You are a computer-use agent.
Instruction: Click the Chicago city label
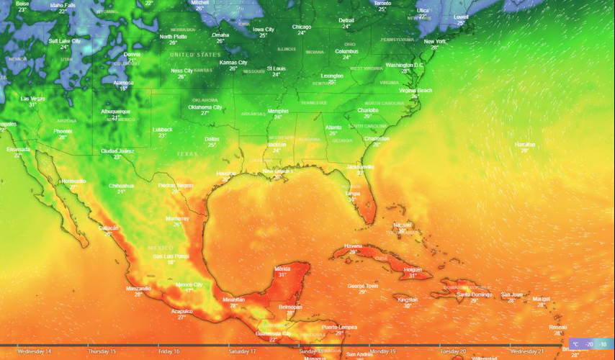pos(302,27)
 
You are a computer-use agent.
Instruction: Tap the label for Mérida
pos(282,269)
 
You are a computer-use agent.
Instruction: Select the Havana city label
pos(353,246)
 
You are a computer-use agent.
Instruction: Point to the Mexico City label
pos(189,285)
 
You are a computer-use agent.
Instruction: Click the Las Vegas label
pos(32,98)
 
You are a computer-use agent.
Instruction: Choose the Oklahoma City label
pos(205,107)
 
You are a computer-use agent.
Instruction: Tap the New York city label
pos(435,42)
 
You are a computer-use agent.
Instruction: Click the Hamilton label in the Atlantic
pos(525,145)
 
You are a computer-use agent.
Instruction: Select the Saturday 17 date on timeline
pos(242,351)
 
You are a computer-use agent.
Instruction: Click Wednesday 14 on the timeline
pos(35,351)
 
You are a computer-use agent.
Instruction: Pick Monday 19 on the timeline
pos(382,351)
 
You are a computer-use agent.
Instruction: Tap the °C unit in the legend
pos(575,345)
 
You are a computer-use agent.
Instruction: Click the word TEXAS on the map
pos(187,154)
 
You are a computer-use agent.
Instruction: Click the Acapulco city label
pos(181,311)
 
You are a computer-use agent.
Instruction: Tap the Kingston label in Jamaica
pos(408,300)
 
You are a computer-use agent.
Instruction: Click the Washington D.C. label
pos(405,65)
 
